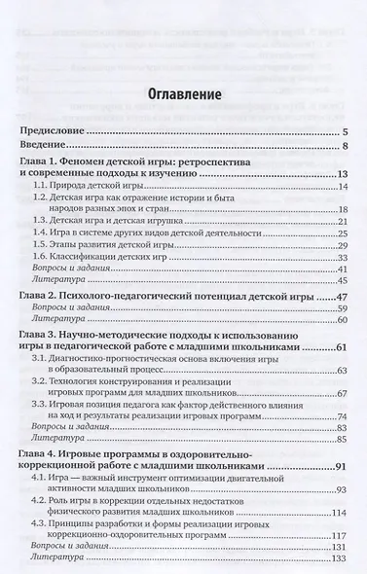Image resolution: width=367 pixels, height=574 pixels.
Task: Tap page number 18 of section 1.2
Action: tap(343, 209)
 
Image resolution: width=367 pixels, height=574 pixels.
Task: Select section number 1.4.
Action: tap(42, 234)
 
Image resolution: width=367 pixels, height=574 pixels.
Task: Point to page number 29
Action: tap(343, 247)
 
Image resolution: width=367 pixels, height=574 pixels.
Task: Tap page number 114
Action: tap(341, 513)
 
